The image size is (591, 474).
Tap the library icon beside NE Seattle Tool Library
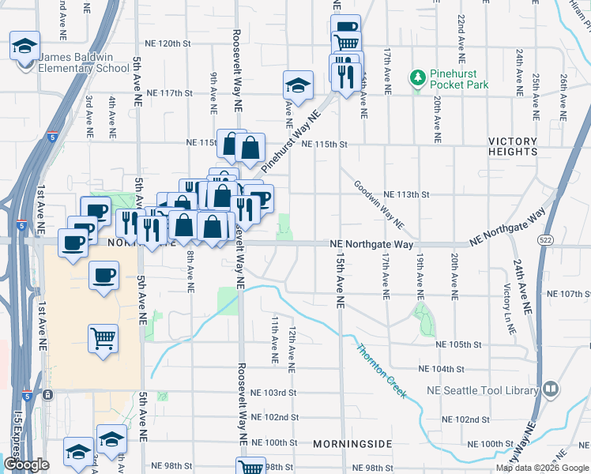550,389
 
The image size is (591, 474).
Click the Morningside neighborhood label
352,444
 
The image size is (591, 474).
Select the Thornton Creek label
381,371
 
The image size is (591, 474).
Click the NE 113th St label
406,194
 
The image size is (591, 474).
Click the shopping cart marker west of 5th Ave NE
104,339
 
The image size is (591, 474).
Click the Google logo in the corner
26,465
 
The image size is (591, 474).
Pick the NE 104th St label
442,369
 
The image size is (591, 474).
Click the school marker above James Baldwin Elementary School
24,45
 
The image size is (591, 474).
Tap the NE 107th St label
568,294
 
